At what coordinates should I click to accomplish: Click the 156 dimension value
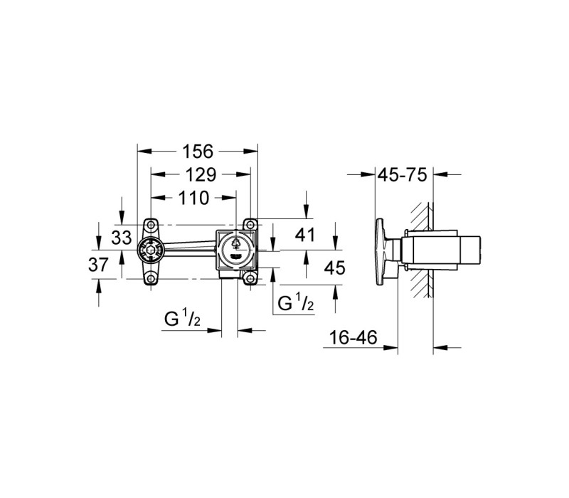point(198,152)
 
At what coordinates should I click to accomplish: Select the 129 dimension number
point(201,175)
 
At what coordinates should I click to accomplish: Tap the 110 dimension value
point(193,198)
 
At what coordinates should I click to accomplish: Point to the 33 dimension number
point(121,238)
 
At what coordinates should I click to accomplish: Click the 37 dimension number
point(98,265)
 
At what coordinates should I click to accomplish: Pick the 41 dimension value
point(305,235)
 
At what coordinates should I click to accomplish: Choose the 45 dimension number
point(334,268)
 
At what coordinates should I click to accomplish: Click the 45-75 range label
point(403,175)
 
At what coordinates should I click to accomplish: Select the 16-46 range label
point(353,337)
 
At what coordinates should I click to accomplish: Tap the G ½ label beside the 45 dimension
point(296,303)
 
